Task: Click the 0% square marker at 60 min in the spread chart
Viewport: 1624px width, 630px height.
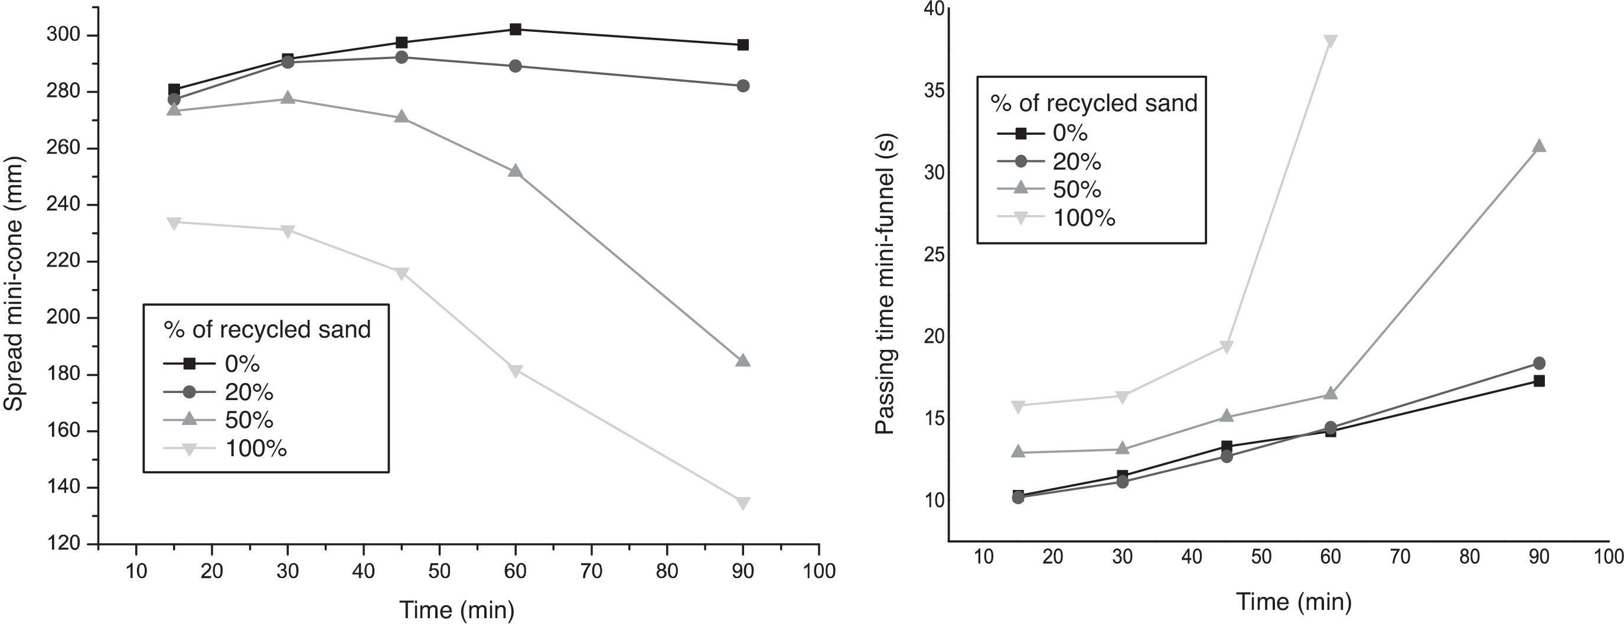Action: (515, 29)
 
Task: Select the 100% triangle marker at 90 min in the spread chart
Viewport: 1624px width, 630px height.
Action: (743, 502)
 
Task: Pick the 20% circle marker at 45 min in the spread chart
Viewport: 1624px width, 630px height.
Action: (401, 57)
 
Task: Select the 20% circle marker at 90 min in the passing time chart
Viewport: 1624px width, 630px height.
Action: (1538, 363)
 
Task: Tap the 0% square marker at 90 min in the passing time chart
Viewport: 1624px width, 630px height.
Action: (1538, 381)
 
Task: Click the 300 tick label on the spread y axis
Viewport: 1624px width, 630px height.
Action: (64, 35)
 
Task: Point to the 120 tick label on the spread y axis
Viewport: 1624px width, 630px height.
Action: (64, 544)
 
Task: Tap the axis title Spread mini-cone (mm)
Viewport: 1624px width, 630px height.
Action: (13, 284)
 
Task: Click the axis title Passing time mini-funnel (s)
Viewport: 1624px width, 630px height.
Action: (886, 284)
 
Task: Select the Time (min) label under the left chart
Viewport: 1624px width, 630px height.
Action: (457, 610)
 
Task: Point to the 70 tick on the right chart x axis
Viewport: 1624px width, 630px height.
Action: (1400, 556)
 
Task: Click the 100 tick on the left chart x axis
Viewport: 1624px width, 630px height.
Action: (819, 571)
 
